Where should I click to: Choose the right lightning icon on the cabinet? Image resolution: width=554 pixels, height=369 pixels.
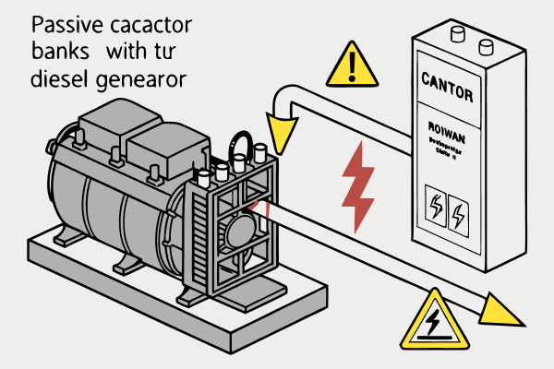(459, 215)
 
